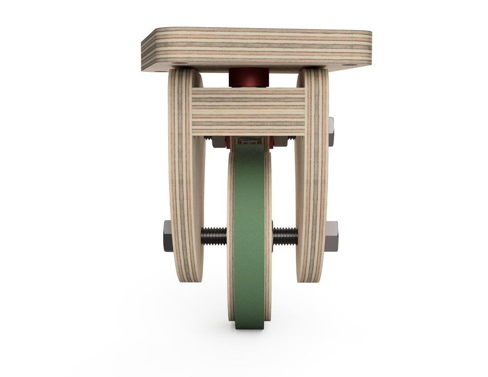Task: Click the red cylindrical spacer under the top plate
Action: pos(248,78)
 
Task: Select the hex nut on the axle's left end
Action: pos(168,236)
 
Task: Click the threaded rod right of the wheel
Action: pos(285,236)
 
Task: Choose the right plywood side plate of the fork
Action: pos(313,187)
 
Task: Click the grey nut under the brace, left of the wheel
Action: pos(219,142)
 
